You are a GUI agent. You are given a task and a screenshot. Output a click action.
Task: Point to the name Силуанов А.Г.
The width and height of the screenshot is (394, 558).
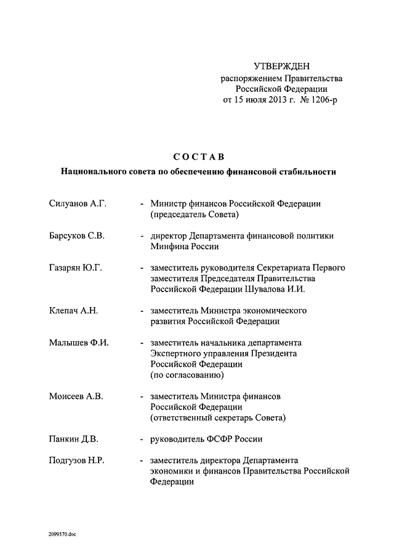(x=78, y=203)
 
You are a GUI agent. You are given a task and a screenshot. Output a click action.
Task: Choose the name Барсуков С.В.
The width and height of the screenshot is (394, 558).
(x=76, y=236)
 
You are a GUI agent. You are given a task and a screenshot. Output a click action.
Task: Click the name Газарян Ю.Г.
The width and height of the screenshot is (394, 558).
(x=74, y=268)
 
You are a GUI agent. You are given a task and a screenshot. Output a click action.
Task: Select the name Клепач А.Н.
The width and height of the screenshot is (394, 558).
(x=73, y=311)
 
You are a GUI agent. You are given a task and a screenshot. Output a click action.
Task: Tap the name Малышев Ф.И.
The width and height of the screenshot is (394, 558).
(x=78, y=343)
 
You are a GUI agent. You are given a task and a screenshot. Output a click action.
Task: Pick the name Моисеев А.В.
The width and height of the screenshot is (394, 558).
(x=76, y=396)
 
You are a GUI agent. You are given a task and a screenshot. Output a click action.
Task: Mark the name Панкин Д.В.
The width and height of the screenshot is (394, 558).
(x=73, y=439)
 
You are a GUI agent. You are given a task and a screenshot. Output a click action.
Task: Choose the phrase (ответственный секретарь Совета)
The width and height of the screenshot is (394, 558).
(x=218, y=418)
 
